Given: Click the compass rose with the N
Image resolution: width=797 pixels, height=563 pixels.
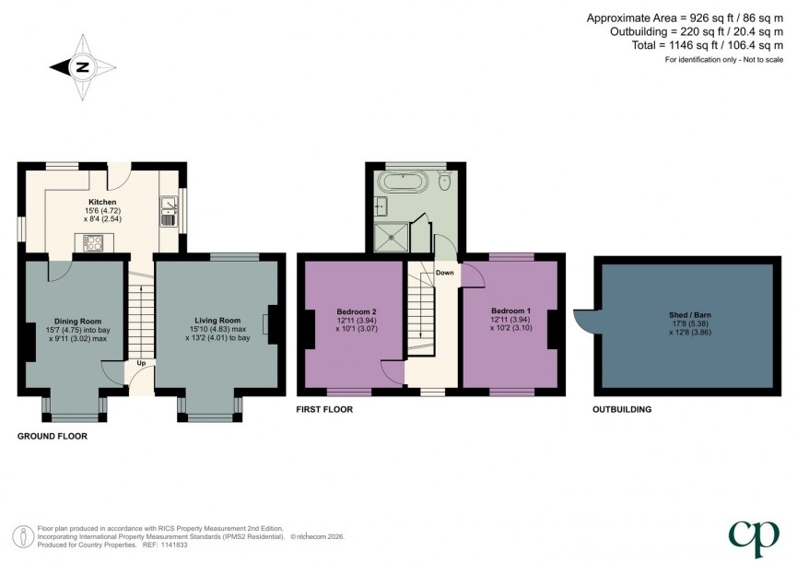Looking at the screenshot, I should pyautogui.click(x=82, y=66).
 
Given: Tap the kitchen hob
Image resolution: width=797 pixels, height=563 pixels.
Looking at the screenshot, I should pyautogui.click(x=94, y=242).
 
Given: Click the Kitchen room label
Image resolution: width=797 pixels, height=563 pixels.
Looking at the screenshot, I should pyautogui.click(x=102, y=202).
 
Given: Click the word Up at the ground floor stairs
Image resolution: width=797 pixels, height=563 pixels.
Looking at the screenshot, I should pyautogui.click(x=141, y=363).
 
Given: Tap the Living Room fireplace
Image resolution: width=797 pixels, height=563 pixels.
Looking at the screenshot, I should pyautogui.click(x=269, y=324).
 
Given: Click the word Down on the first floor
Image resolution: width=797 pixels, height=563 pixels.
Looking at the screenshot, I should pyautogui.click(x=444, y=273).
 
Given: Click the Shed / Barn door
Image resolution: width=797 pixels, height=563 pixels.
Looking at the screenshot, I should pyautogui.click(x=585, y=318).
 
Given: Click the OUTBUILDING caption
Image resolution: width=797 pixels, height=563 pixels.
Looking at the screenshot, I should pyautogui.click(x=622, y=409).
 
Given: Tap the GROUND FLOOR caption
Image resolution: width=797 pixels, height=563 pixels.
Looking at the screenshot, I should pyautogui.click(x=53, y=436).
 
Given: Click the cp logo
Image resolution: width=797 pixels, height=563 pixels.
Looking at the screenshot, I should pyautogui.click(x=754, y=538).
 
